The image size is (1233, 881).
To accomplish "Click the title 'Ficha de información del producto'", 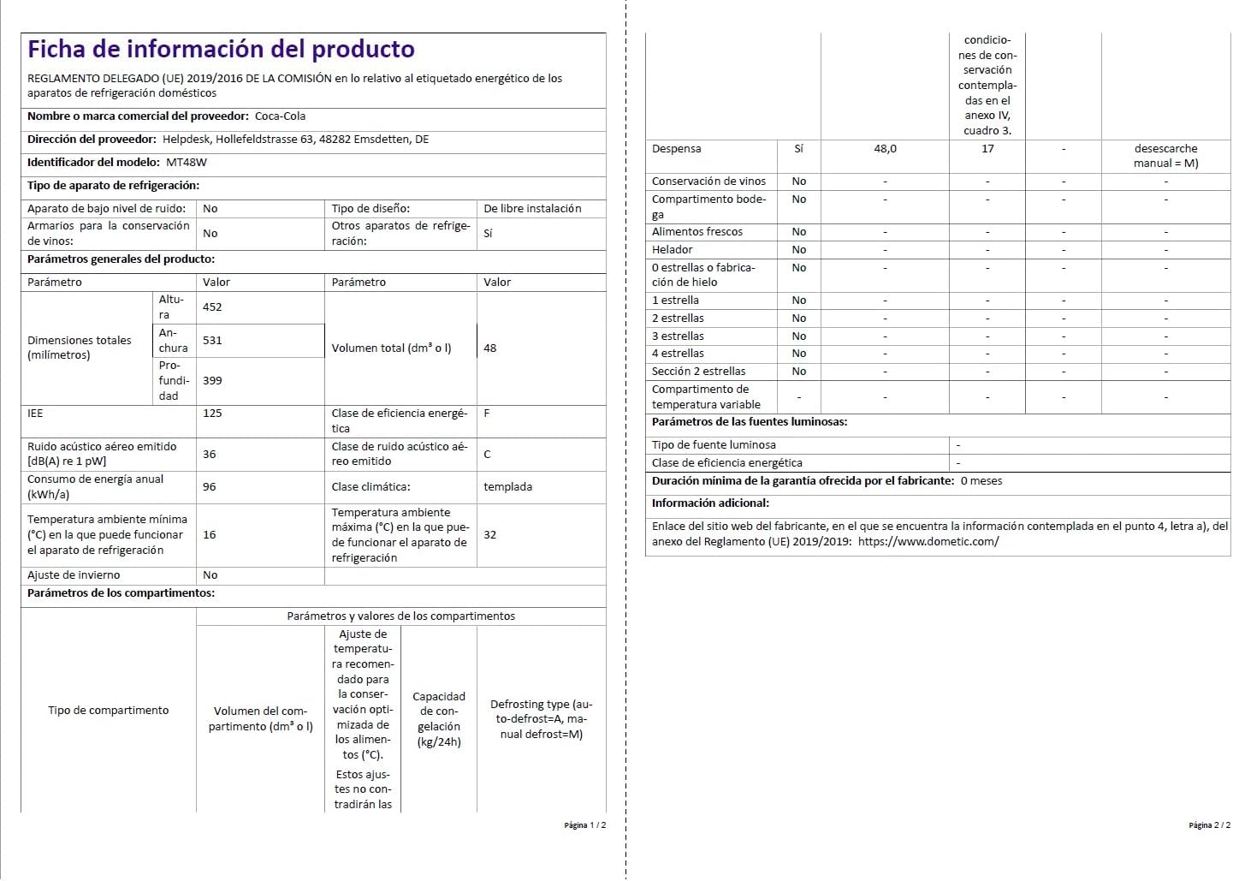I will click(x=221, y=50).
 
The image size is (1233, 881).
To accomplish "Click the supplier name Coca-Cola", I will click(x=280, y=116).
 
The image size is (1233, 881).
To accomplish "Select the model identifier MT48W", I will click(x=187, y=163).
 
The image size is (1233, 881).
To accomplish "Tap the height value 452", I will click(x=212, y=307).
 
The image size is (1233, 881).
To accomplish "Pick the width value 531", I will click(x=212, y=341).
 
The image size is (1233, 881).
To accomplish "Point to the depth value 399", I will click(x=212, y=381).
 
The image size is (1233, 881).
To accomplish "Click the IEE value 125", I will click(x=212, y=414).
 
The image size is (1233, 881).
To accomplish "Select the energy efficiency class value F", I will click(x=487, y=414).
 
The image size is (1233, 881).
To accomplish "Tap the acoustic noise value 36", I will click(x=210, y=455).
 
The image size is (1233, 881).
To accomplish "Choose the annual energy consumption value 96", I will click(x=210, y=487).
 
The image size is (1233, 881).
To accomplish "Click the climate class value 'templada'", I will click(x=507, y=487).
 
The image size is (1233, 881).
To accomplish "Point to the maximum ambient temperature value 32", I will click(x=489, y=535).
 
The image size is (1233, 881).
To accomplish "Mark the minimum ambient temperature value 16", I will click(x=210, y=535).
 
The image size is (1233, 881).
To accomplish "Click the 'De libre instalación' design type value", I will click(x=532, y=209).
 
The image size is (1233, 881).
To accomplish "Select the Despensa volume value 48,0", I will click(x=885, y=149).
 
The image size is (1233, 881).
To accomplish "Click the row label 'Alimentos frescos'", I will click(x=697, y=232).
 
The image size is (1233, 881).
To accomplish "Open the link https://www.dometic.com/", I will click(x=928, y=542).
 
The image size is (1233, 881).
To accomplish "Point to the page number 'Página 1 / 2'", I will click(x=584, y=826).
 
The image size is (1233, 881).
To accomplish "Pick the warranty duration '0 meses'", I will click(x=981, y=481).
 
